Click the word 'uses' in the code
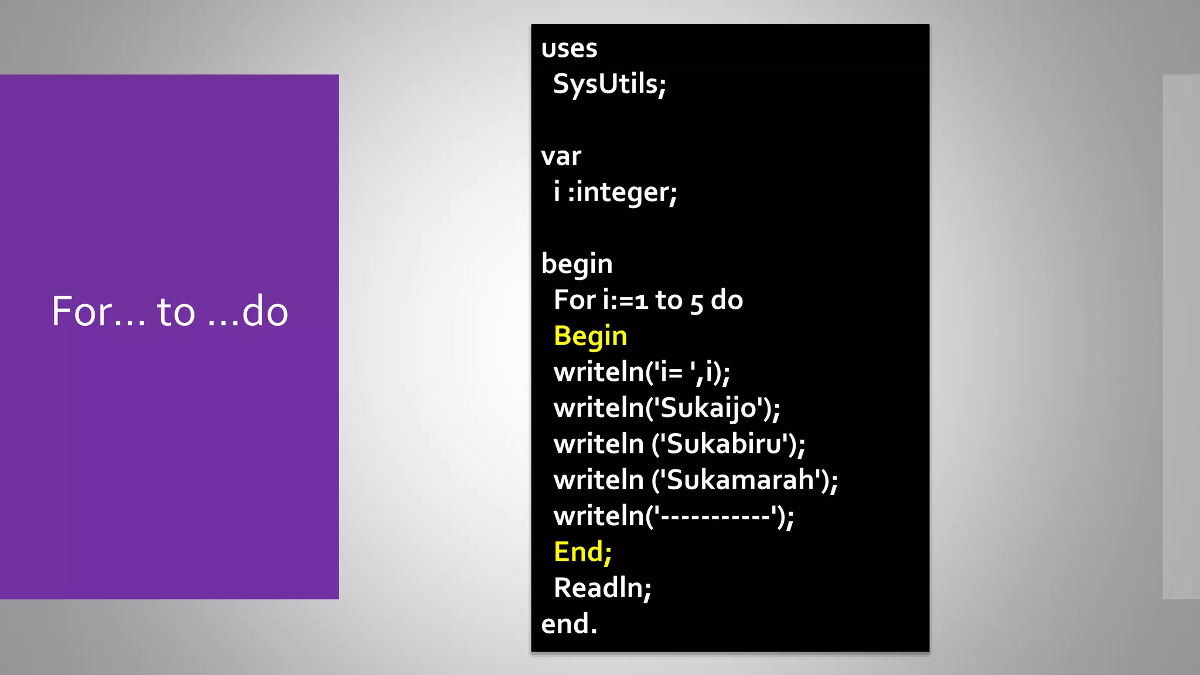[569, 49]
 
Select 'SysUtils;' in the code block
[609, 84]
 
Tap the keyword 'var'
[561, 156]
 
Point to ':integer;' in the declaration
[622, 193]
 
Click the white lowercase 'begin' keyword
[577, 264]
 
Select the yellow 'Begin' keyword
[590, 336]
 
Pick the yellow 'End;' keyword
[582, 552]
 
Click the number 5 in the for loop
[696, 302]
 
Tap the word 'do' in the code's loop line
[727, 300]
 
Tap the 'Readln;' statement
[602, 588]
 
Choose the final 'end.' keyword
[569, 624]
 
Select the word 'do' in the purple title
[265, 311]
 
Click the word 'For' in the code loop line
[574, 300]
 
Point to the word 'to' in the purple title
[176, 311]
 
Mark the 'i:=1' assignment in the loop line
[625, 300]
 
